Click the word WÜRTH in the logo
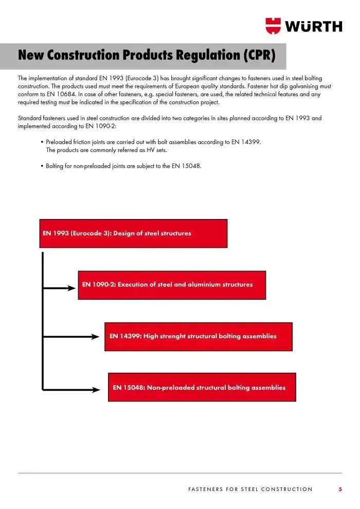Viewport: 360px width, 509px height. tap(314, 26)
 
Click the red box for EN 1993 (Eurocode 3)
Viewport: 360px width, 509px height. tap(133, 233)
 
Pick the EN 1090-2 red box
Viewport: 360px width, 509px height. tap(172, 285)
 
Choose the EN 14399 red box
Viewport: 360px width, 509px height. tap(198, 336)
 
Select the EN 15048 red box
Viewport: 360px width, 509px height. tap(202, 388)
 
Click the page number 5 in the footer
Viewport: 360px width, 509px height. tap(340, 489)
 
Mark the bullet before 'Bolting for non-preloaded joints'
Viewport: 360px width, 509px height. tap(42, 166)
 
